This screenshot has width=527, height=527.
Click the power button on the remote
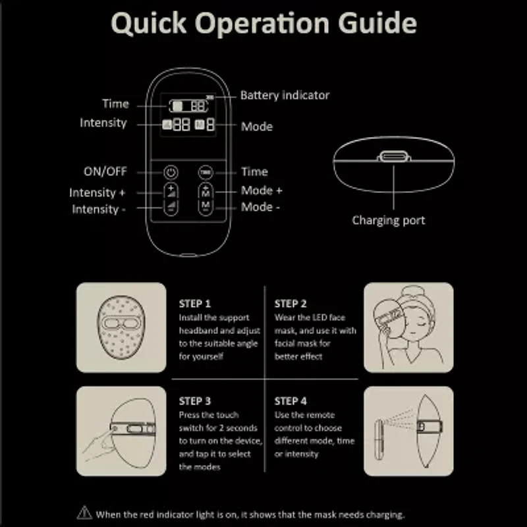pyautogui.click(x=171, y=173)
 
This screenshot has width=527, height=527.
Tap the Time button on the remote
pyautogui.click(x=206, y=173)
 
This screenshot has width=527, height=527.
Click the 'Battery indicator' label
pyautogui.click(x=285, y=96)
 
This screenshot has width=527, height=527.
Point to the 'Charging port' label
pyautogui.click(x=389, y=221)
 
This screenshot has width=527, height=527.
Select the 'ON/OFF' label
pyautogui.click(x=105, y=172)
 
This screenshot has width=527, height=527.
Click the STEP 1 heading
pyautogui.click(x=195, y=304)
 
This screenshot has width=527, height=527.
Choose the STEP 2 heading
pyautogui.click(x=291, y=304)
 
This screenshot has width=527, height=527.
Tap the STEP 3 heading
pyautogui.click(x=195, y=401)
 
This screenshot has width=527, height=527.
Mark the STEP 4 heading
pyautogui.click(x=291, y=401)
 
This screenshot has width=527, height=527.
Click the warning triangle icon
pyautogui.click(x=84, y=513)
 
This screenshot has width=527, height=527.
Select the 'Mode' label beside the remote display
pyautogui.click(x=257, y=126)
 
